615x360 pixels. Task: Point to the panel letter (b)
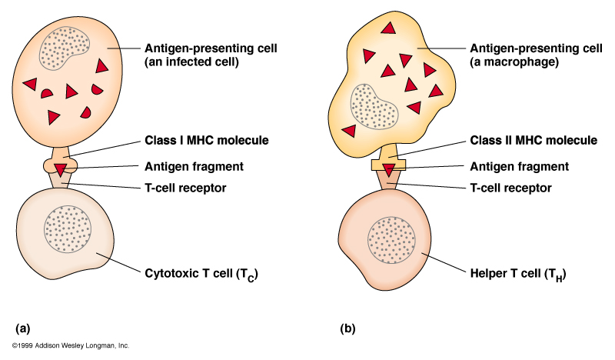347,328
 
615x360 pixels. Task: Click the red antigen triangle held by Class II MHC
390,168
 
